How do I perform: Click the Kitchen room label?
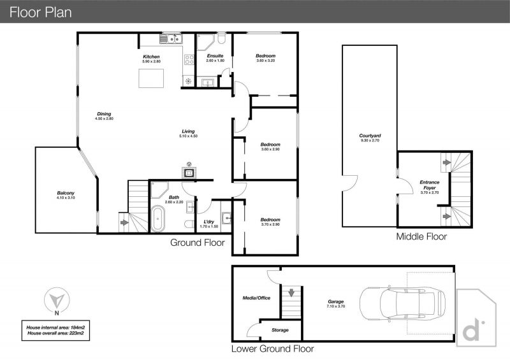pyautogui.click(x=151, y=57)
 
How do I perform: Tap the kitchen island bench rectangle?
pyautogui.click(x=151, y=78)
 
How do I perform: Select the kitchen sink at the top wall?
pyautogui.click(x=171, y=39)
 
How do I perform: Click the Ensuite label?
pyautogui.click(x=215, y=55)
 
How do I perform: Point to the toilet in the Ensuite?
pyautogui.click(x=221, y=39)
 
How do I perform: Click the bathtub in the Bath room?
pyautogui.click(x=158, y=219)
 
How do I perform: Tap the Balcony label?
pyautogui.click(x=66, y=193)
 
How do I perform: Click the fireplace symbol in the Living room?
pyautogui.click(x=189, y=173)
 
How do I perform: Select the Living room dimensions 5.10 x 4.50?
pyautogui.click(x=188, y=136)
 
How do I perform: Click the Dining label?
pyautogui.click(x=104, y=114)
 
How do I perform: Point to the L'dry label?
pyautogui.click(x=209, y=222)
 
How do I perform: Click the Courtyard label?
pyautogui.click(x=370, y=136)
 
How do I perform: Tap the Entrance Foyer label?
pyautogui.click(x=429, y=185)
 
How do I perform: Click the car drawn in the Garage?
pyautogui.click(x=402, y=303)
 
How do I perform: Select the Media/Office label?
pyautogui.click(x=256, y=298)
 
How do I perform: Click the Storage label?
pyautogui.click(x=280, y=330)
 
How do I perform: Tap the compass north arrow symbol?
pyautogui.click(x=57, y=300)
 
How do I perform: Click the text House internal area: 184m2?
pyautogui.click(x=55, y=328)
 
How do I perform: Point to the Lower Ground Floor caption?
pyautogui.click(x=273, y=349)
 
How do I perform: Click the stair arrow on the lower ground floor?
pyautogui.click(x=291, y=292)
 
